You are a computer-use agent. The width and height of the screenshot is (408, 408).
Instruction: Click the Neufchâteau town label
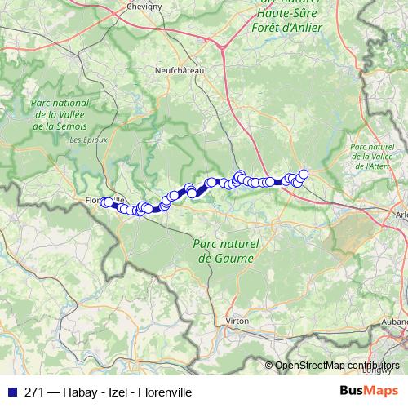click(x=179, y=71)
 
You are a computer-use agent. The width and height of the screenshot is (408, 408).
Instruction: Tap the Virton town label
click(x=237, y=322)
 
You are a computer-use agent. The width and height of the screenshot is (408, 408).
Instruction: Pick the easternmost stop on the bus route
click(x=304, y=173)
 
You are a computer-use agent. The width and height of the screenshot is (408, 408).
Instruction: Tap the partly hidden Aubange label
click(x=395, y=322)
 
